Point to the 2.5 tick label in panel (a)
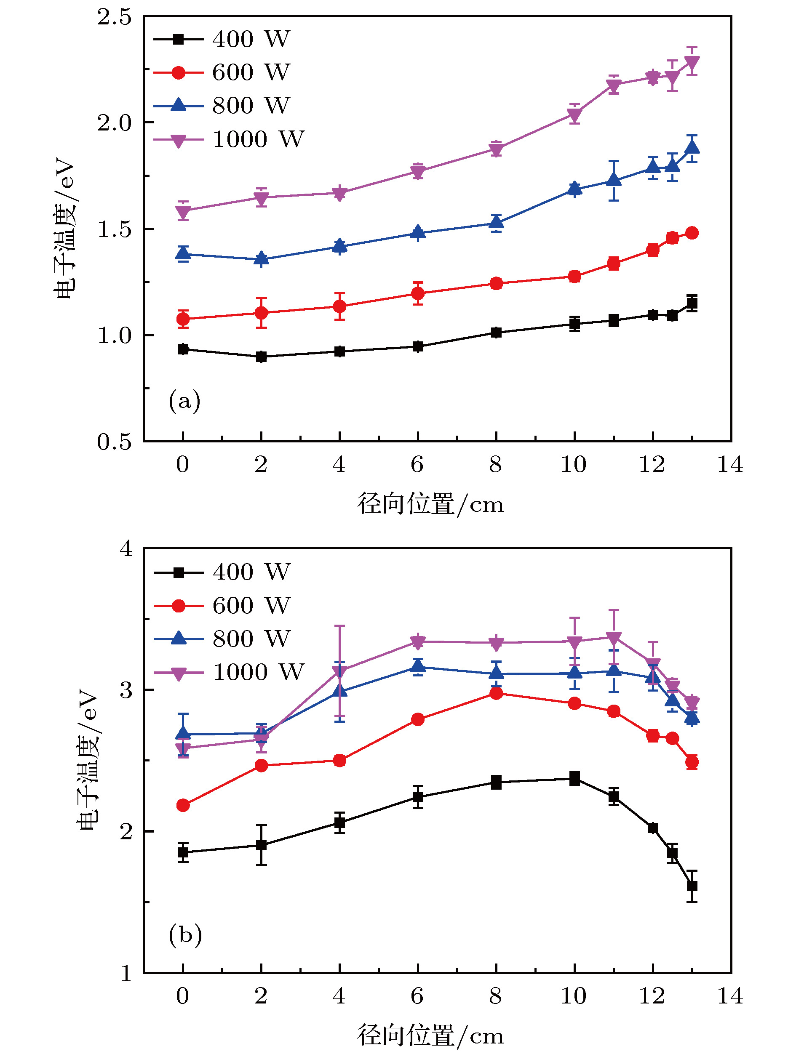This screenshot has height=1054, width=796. tap(114, 17)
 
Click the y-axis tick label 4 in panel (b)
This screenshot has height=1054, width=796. tap(126, 549)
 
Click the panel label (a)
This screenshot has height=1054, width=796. tap(184, 401)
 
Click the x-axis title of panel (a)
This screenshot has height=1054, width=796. tap(430, 504)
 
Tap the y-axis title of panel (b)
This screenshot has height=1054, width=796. tap(87, 759)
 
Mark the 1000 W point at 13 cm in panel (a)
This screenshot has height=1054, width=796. tap(692, 62)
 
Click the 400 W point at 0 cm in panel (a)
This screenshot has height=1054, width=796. tap(183, 349)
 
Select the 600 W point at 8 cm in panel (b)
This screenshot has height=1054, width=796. tap(496, 693)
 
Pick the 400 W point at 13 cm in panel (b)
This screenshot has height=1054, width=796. tap(692, 886)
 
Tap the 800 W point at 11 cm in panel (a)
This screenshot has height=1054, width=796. tap(614, 180)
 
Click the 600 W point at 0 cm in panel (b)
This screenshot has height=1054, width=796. tap(183, 805)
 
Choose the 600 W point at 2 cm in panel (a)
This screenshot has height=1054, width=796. tap(261, 313)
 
